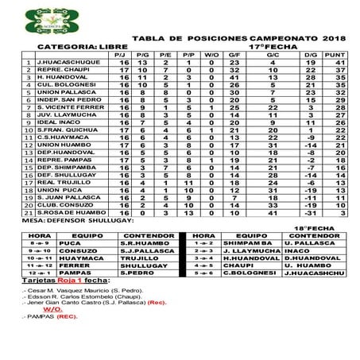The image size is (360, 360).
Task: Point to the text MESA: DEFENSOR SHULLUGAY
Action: coord(71,222)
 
